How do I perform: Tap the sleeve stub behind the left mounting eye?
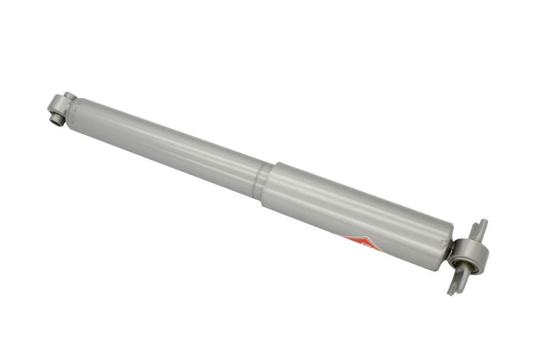(x=68, y=96)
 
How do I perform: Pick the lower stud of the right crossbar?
(x=454, y=282)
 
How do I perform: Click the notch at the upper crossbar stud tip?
(x=482, y=222)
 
